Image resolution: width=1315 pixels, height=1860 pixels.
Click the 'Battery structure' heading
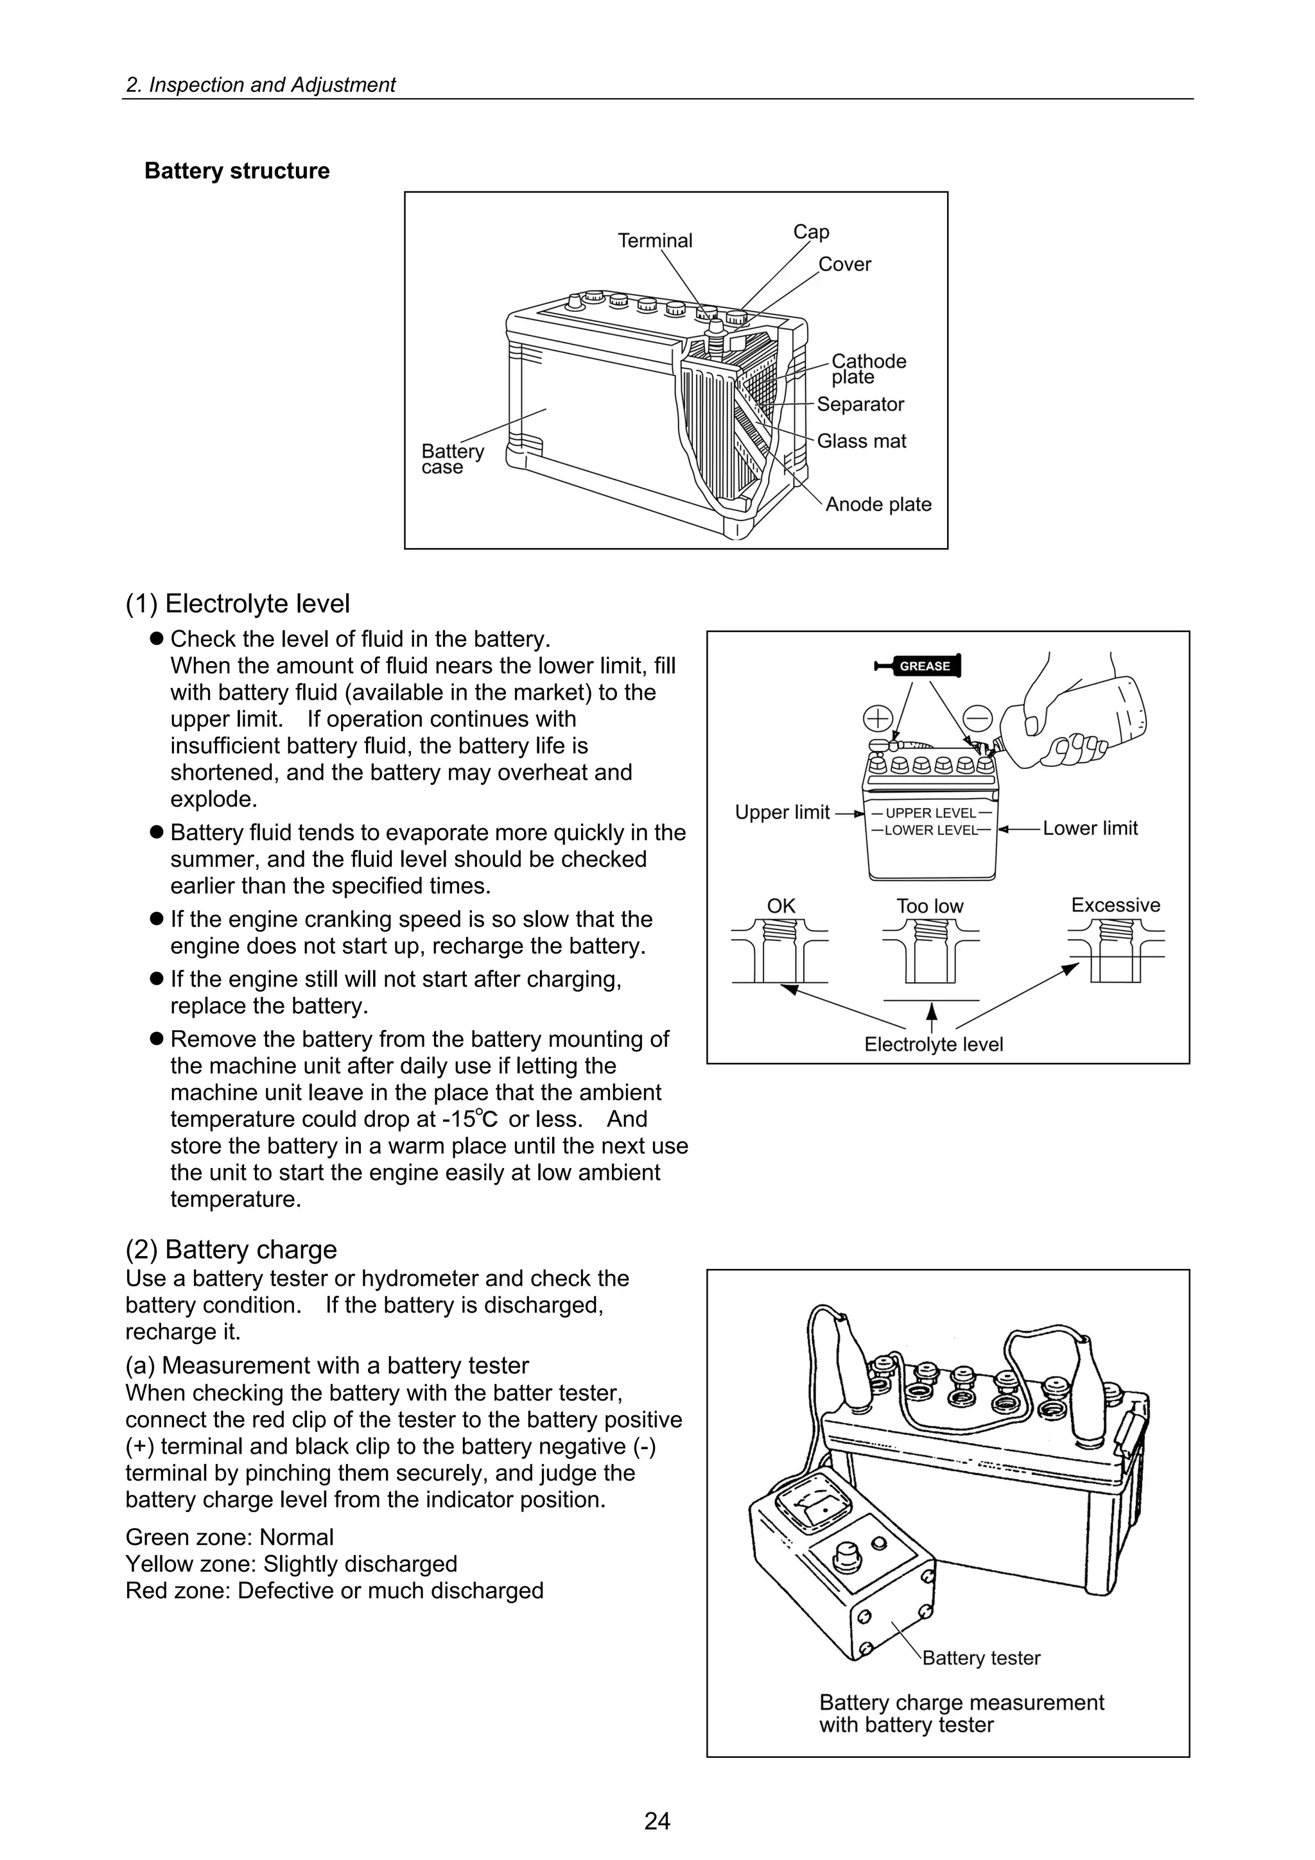coord(236,171)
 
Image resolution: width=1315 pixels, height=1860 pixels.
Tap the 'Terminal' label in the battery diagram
coord(655,241)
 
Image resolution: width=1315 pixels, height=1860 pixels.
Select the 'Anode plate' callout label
coord(878,504)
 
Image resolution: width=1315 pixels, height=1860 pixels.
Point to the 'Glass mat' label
coord(861,441)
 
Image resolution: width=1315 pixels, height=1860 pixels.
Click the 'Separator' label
coord(860,404)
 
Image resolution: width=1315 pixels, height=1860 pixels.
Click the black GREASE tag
coord(924,666)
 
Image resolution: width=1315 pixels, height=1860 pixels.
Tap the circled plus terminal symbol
coord(878,718)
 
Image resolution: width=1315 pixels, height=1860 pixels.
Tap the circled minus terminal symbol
coord(978,718)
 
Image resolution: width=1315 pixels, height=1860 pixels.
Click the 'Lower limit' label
coord(1090,828)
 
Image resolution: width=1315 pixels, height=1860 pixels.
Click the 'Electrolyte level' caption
coord(934,1044)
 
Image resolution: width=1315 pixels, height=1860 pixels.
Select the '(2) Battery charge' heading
coord(231,1248)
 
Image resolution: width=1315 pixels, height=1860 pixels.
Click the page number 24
coord(657,1821)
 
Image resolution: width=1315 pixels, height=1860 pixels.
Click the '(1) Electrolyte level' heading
coord(238,603)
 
